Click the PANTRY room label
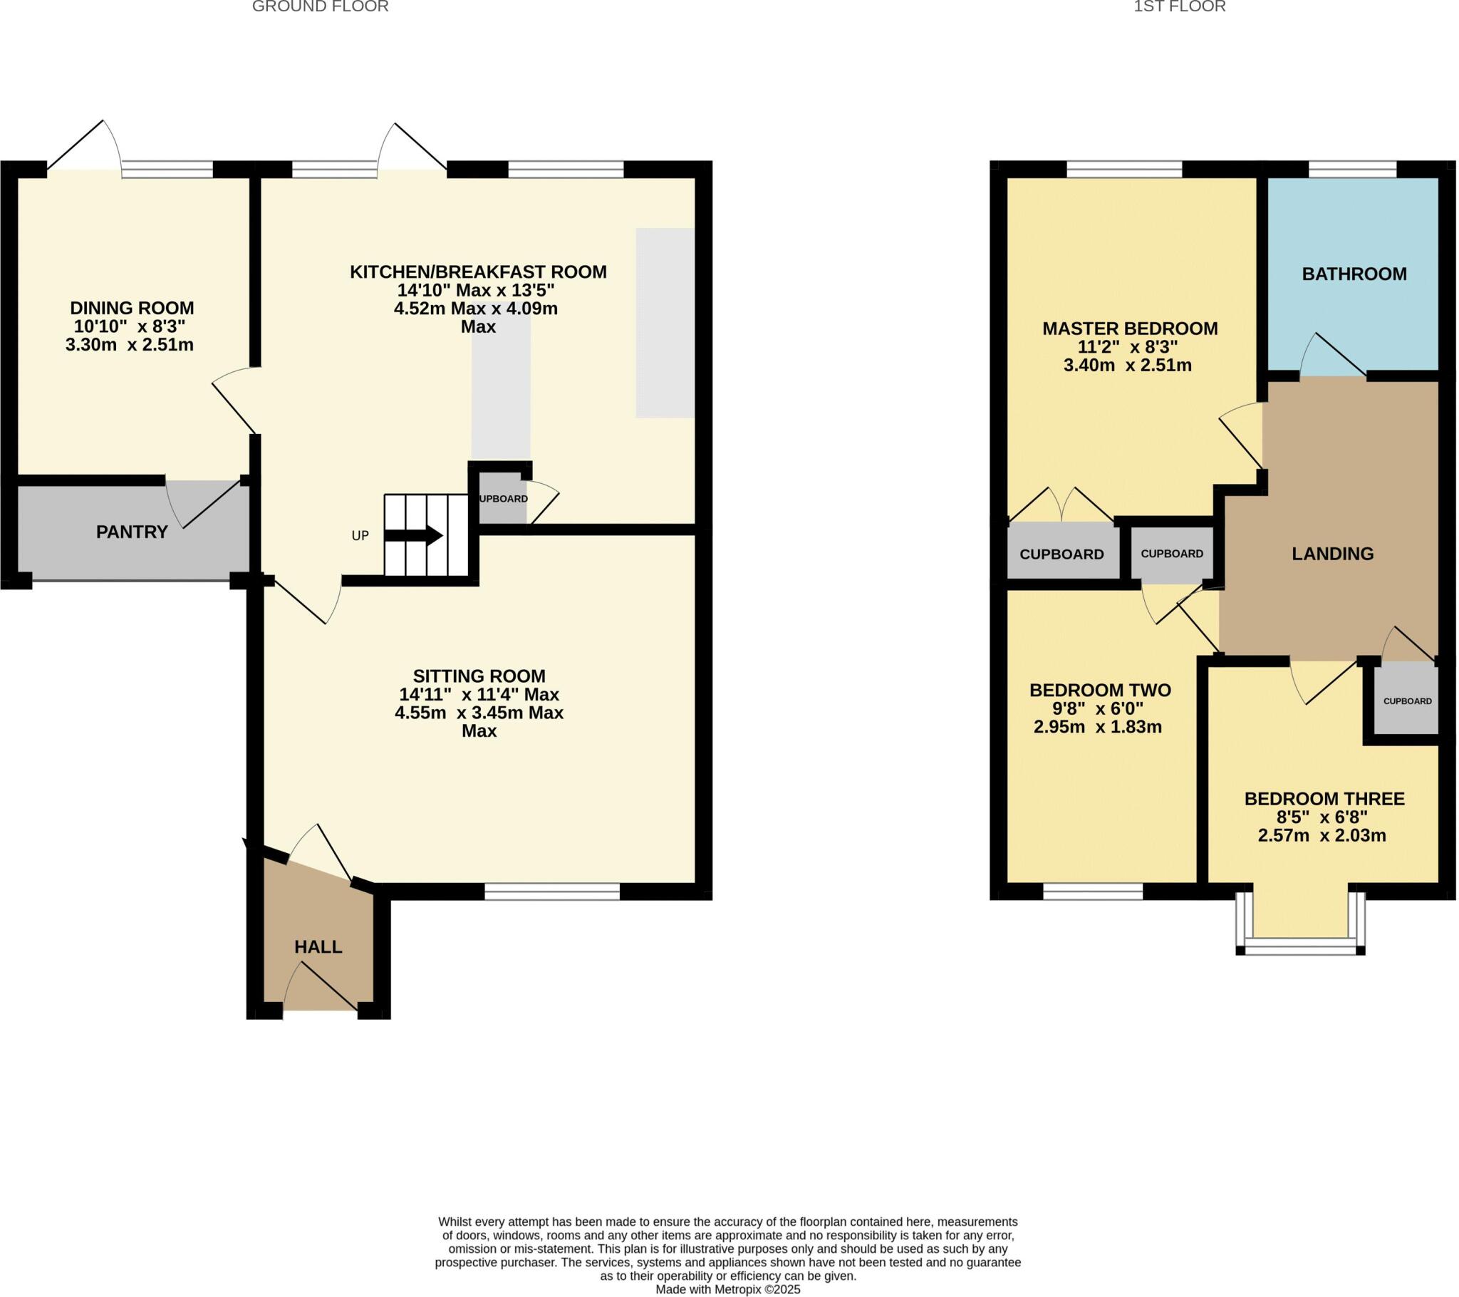132,532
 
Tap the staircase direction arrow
424,535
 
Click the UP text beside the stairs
360,536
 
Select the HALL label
318,947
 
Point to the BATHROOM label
1354,274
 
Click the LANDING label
1333,554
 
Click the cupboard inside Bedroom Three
1407,701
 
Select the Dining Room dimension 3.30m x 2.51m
130,345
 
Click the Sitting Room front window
552,892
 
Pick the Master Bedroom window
1124,170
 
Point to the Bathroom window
1352,170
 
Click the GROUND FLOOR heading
321,7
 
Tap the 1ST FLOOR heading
1179,7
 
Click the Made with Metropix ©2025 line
728,1290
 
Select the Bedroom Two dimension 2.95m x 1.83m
1098,727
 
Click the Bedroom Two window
1093,892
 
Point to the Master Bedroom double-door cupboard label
1061,554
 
